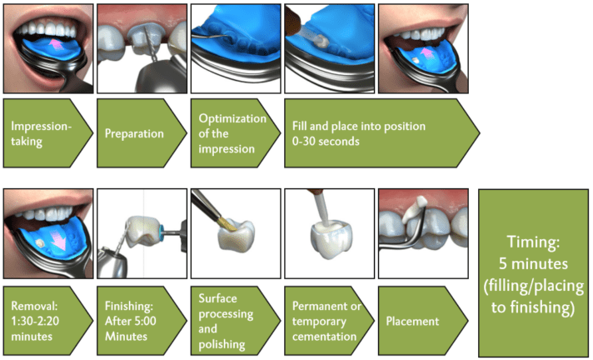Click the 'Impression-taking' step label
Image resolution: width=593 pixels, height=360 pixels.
pyautogui.click(x=41, y=133)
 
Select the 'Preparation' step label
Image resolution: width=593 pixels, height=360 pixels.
pyautogui.click(x=134, y=133)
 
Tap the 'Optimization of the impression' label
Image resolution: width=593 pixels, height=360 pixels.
pyautogui.click(x=232, y=133)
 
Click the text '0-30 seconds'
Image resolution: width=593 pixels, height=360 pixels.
pyautogui.click(x=326, y=141)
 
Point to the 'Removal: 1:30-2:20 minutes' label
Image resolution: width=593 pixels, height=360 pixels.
pyautogui.click(x=35, y=321)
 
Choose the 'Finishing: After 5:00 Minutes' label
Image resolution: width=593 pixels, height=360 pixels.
pyautogui.click(x=131, y=321)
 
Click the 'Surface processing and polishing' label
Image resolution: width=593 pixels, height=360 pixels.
pyautogui.click(x=226, y=321)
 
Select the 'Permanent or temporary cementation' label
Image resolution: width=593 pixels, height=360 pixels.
pyautogui.click(x=326, y=321)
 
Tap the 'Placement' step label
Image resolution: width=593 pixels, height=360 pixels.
pyautogui.click(x=412, y=322)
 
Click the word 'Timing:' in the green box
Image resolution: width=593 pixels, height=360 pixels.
pyautogui.click(x=533, y=242)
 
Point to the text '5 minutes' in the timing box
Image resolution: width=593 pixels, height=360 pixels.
pyautogui.click(x=533, y=264)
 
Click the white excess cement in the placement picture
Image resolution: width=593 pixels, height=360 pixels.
pyautogui.click(x=414, y=209)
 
